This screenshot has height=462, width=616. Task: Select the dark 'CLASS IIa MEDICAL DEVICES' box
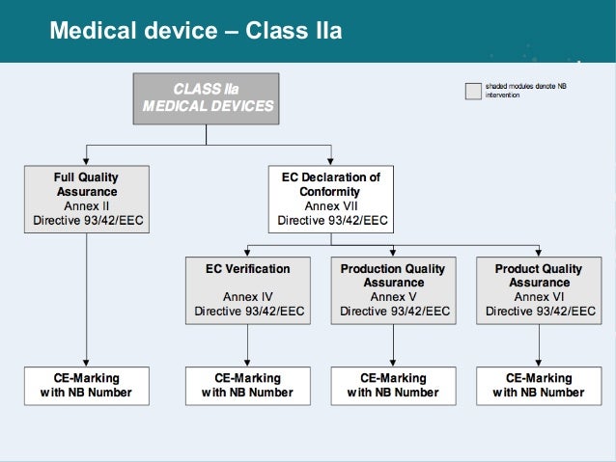click(208, 96)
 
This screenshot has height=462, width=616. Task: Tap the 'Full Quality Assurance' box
click(87, 199)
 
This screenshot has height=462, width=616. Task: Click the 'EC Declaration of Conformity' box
click(332, 199)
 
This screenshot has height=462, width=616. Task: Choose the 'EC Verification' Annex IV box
click(248, 289)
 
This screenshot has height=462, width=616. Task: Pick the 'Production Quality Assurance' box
click(394, 289)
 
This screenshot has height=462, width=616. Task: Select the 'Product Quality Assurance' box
click(539, 289)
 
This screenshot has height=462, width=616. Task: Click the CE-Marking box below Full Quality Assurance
click(87, 385)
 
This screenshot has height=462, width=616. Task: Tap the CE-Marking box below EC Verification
click(248, 385)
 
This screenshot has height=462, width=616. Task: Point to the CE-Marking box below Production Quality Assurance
click(394, 385)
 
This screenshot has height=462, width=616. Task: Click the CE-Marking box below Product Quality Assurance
click(539, 385)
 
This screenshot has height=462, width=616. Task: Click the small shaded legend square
click(472, 92)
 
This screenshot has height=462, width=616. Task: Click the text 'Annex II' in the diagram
click(87, 205)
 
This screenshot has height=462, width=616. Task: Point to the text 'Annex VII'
click(332, 205)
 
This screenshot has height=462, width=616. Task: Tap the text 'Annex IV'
click(248, 297)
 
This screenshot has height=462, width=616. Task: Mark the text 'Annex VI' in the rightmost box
click(539, 297)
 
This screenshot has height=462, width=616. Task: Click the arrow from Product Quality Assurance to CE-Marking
click(539, 342)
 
